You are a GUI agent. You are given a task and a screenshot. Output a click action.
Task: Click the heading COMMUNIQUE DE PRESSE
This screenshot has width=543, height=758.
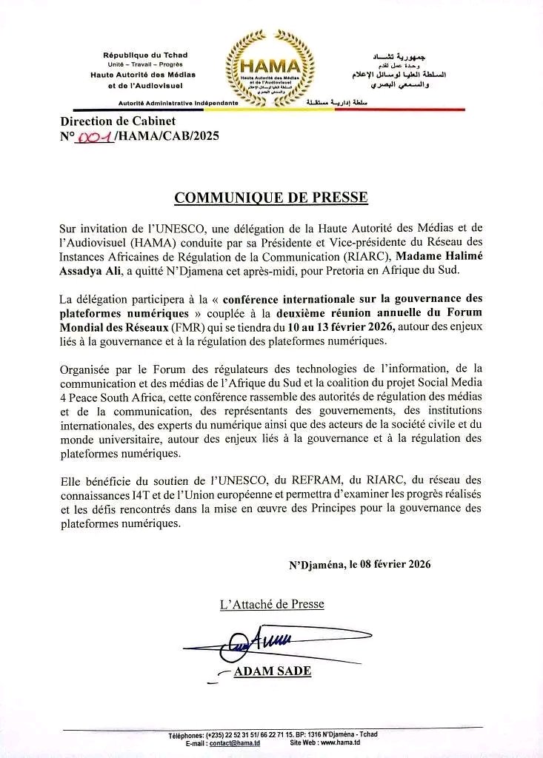(x=270, y=198)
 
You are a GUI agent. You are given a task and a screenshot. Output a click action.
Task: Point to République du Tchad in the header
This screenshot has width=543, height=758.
(x=145, y=56)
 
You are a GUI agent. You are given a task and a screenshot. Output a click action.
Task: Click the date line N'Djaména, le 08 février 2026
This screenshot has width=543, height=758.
(x=360, y=564)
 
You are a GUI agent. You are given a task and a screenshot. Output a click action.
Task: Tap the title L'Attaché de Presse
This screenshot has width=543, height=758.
(x=272, y=604)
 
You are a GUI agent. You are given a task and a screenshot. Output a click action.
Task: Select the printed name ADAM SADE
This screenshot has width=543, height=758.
(x=272, y=671)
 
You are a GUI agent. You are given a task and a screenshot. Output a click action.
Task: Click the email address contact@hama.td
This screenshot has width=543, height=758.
(x=230, y=742)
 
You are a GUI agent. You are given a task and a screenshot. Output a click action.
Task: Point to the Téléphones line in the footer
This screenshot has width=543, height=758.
(x=273, y=734)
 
